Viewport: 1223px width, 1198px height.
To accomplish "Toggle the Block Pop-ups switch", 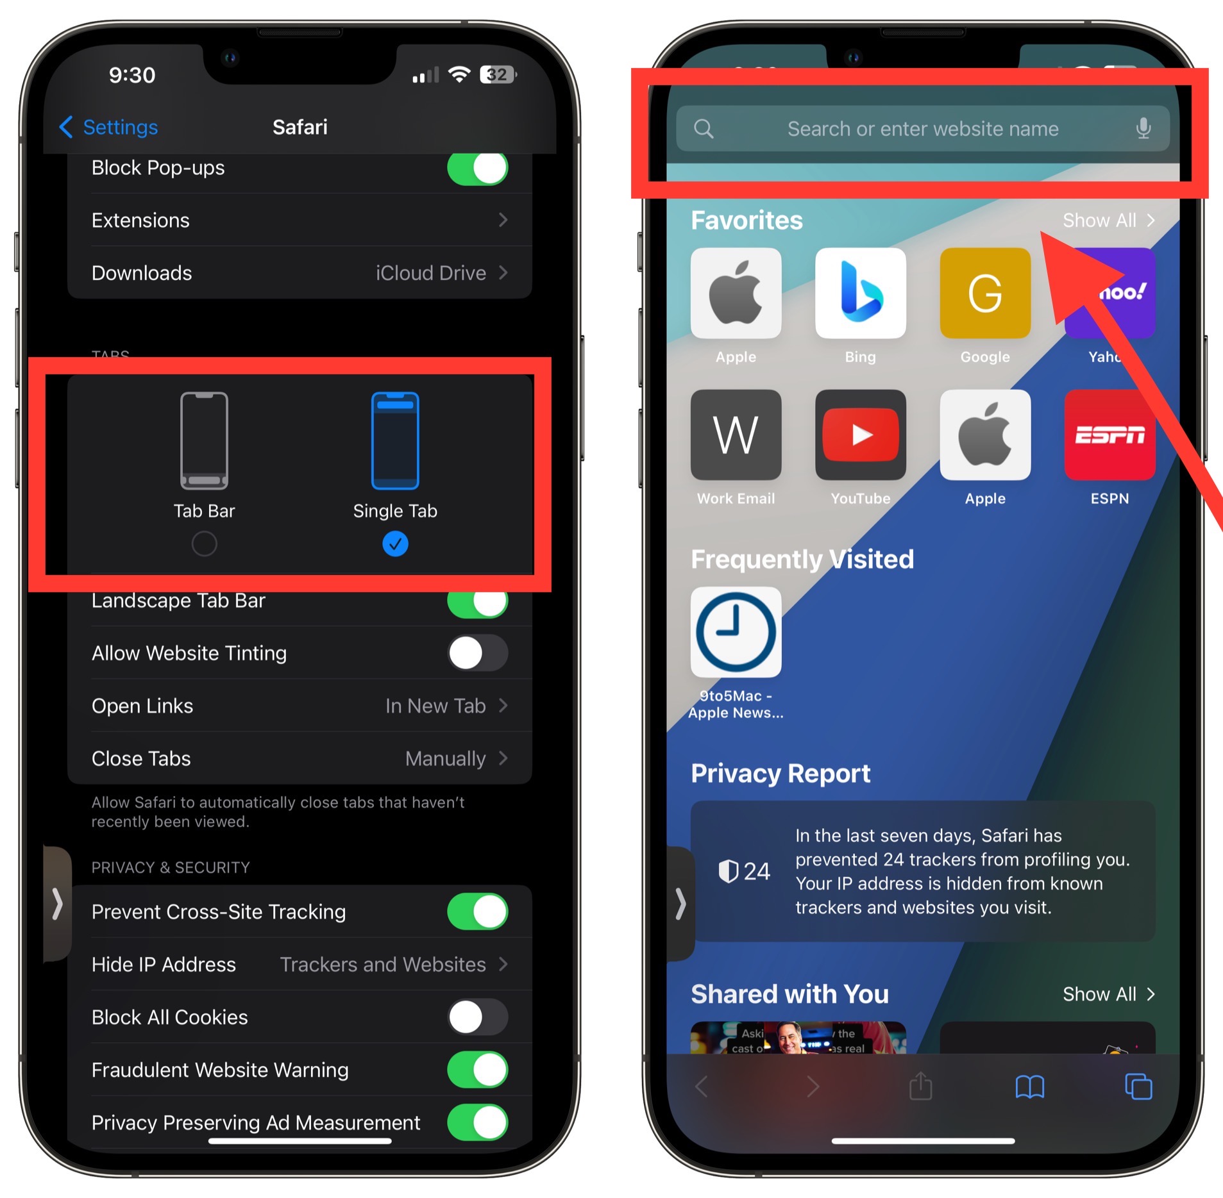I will coord(477,169).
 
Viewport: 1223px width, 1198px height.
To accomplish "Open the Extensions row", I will coord(299,220).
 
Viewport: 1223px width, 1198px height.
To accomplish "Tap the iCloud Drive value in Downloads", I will coord(430,273).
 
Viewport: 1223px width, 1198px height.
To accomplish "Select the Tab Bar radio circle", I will coord(204,544).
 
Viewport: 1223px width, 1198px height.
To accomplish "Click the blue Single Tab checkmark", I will coord(395,544).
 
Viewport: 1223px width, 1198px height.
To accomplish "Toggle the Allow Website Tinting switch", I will coord(477,653).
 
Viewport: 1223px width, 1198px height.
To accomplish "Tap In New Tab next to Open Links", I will coord(435,706).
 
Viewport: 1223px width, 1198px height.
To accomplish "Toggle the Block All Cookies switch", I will coord(477,1017).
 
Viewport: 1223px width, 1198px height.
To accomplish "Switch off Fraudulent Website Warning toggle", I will coord(477,1070).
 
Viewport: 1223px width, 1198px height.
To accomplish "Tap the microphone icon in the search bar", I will coord(1143,128).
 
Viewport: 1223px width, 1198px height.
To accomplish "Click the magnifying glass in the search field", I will coord(704,128).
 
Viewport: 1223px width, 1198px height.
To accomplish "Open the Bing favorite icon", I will coord(860,293).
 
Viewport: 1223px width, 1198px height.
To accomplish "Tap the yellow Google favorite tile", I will coord(984,293).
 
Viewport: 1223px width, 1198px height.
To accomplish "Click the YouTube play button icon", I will coord(860,435).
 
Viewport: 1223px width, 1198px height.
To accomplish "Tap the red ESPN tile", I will coord(1109,435).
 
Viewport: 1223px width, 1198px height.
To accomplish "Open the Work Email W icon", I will coord(736,435).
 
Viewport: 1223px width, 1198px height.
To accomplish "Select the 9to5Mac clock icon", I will coord(736,632).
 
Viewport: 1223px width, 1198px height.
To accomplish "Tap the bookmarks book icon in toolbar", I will coord(1029,1087).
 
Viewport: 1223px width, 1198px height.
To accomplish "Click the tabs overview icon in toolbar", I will coord(1138,1087).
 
